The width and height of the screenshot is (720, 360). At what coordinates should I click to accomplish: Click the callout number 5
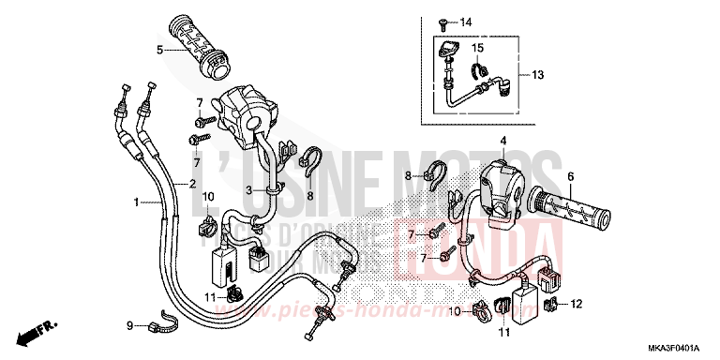pyautogui.click(x=160, y=49)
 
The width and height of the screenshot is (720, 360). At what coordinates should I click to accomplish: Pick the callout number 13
pyautogui.click(x=537, y=75)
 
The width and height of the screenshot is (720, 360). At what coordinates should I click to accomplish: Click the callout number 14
pyautogui.click(x=467, y=22)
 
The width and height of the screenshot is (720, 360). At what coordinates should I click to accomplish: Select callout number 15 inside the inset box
pyautogui.click(x=477, y=48)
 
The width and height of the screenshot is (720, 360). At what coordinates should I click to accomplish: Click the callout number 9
pyautogui.click(x=129, y=325)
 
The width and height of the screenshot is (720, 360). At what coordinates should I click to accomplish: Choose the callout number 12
pyautogui.click(x=577, y=303)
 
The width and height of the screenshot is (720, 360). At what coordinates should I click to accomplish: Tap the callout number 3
pyautogui.click(x=248, y=190)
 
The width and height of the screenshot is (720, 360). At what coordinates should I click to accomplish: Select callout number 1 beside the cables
pyautogui.click(x=136, y=202)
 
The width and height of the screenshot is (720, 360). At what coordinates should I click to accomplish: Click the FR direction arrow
pyautogui.click(x=34, y=331)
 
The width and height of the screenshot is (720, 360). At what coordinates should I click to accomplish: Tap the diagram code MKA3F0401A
pyautogui.click(x=674, y=350)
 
